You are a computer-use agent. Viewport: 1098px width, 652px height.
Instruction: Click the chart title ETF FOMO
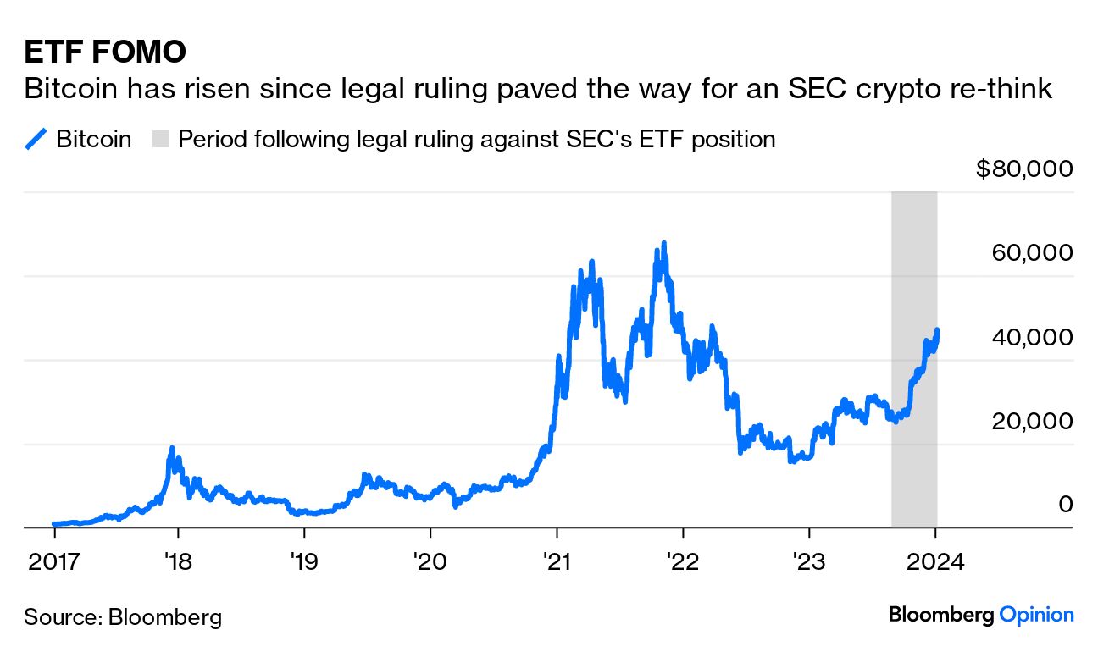coord(104,52)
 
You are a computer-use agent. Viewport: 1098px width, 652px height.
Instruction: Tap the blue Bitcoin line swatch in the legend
coord(36,139)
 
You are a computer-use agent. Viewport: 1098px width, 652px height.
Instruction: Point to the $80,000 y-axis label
coord(1024,169)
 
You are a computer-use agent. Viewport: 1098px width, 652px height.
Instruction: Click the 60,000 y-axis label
coord(1031,252)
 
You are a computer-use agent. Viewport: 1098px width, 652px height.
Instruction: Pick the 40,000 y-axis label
coord(1031,337)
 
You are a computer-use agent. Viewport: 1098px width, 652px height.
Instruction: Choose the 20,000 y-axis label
coord(1031,421)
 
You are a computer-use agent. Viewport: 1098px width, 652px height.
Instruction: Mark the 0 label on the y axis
coord(1064,505)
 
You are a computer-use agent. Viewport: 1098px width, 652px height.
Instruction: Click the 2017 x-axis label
coord(54,561)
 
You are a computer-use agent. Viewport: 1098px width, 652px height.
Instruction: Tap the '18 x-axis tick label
coord(178,561)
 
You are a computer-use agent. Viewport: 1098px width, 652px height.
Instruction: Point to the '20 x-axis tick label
coord(430,561)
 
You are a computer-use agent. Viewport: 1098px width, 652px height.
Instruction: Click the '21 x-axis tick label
coord(557,561)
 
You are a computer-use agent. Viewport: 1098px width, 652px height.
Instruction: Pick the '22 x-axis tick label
coord(682,561)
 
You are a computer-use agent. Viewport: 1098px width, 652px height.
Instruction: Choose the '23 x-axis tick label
coord(808,561)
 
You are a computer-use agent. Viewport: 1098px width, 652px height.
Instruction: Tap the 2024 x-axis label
coord(934,561)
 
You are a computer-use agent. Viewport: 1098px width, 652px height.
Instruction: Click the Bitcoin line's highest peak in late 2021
coord(664,244)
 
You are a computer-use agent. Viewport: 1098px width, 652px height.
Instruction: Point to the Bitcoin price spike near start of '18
coord(172,448)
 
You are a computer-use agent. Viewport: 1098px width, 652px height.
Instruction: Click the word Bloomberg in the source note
coord(165,616)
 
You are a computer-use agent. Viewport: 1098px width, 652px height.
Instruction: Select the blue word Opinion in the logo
coord(1036,615)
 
